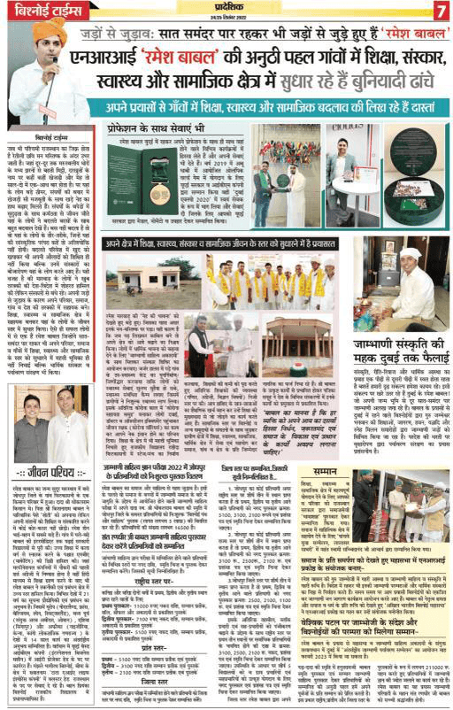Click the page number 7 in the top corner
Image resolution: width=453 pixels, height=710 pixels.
coord(441,10)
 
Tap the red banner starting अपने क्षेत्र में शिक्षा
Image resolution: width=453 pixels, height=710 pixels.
coord(265,240)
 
